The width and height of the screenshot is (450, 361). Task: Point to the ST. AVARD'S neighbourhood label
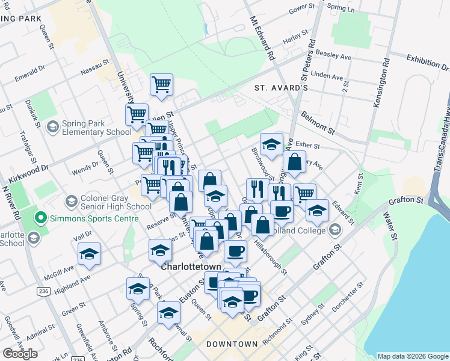(x=281, y=88)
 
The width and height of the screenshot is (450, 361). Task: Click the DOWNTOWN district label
(x=232, y=344)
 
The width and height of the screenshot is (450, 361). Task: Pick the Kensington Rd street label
(x=380, y=83)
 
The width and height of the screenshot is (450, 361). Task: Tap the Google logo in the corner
(x=20, y=354)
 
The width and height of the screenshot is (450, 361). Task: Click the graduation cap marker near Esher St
(x=271, y=144)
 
